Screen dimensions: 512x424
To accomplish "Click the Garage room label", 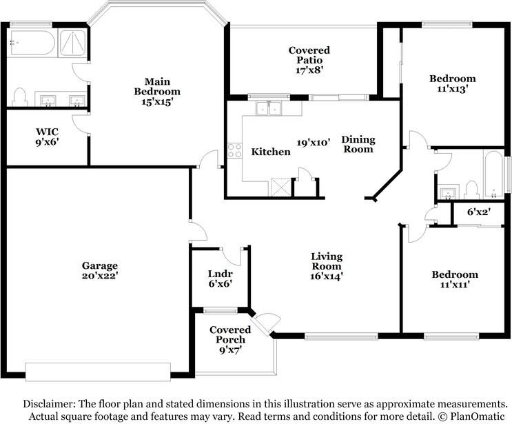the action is click(x=100, y=265).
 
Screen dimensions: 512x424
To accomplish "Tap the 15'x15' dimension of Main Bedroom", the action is click(x=157, y=101).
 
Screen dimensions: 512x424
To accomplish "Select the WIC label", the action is click(x=48, y=132).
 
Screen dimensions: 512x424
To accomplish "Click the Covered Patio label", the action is click(x=309, y=55).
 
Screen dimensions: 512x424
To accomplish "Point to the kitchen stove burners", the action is click(x=234, y=151).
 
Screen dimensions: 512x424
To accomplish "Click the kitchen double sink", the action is click(x=269, y=108).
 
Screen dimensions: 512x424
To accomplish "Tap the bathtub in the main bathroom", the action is click(x=31, y=43).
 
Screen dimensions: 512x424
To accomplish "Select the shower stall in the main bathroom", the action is click(x=73, y=43).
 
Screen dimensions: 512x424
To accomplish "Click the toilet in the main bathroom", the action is click(x=20, y=97).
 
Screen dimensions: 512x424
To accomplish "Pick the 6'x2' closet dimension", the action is click(x=479, y=212).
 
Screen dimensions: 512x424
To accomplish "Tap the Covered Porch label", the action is click(x=230, y=335).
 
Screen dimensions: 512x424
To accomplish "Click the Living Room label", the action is click(x=327, y=261).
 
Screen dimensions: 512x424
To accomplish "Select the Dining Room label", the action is click(x=358, y=144).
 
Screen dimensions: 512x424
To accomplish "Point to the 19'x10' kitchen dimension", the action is click(x=314, y=143).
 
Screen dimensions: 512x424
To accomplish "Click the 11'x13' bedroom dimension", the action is click(x=453, y=88).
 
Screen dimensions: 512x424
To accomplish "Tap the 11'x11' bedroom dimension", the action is click(x=455, y=285).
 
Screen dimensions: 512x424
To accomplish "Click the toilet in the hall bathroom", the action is click(x=471, y=190).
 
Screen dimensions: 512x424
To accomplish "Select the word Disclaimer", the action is click(x=49, y=404).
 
